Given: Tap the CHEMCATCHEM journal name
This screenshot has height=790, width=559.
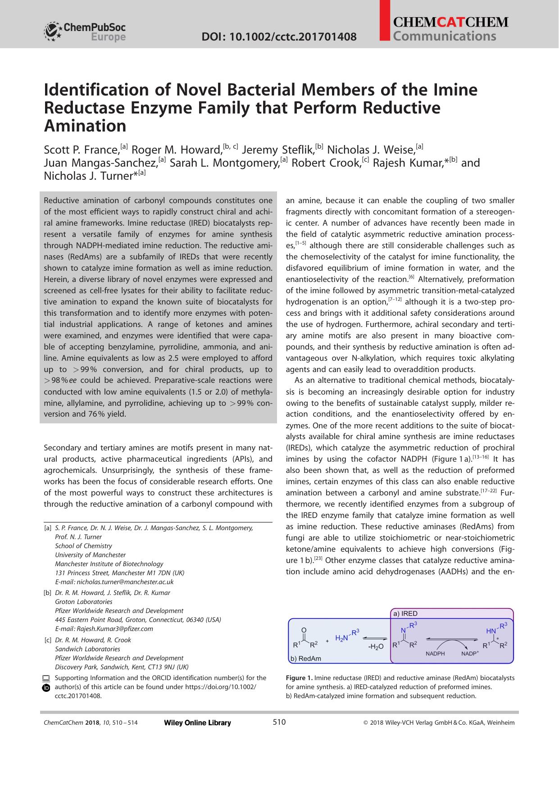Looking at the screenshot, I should [450, 22].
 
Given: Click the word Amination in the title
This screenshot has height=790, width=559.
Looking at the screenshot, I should [85, 126].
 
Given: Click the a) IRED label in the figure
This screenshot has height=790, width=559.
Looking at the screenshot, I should [405, 613].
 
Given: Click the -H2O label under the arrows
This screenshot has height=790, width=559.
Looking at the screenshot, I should [375, 647].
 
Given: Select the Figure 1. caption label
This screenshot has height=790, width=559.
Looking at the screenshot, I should [299, 678].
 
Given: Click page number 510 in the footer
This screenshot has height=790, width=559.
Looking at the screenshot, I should [279, 722].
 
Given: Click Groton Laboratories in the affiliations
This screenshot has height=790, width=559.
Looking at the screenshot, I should [83, 602].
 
